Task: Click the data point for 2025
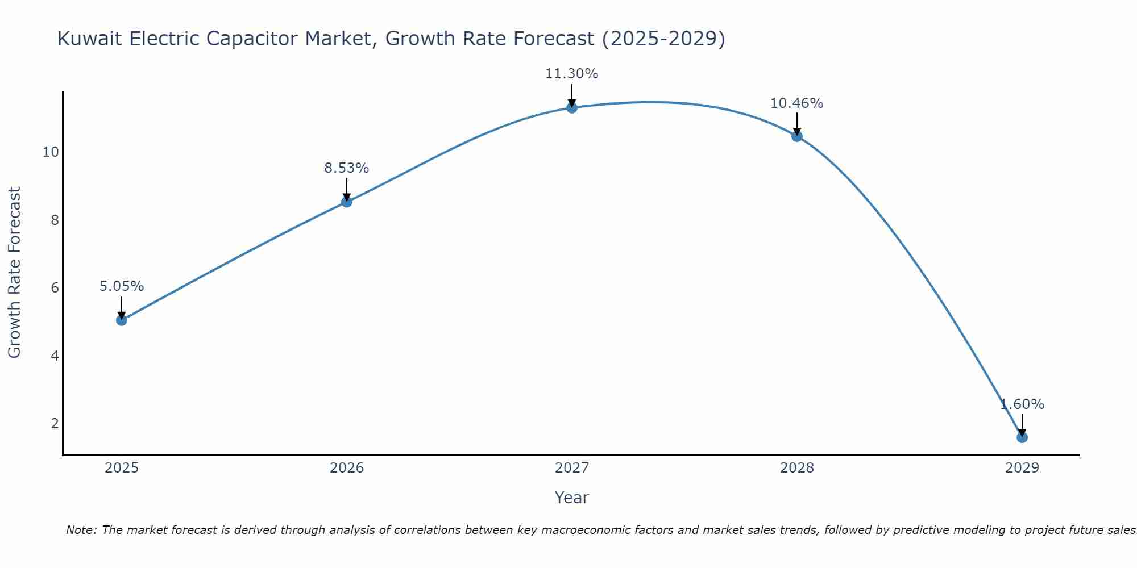click(x=121, y=320)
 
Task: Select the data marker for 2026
click(x=346, y=202)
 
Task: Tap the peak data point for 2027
click(x=572, y=107)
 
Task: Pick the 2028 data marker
click(x=796, y=136)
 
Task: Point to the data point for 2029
click(x=1022, y=437)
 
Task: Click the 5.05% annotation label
click(x=122, y=286)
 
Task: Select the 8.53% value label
click(x=346, y=168)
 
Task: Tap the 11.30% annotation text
click(x=571, y=74)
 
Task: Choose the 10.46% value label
click(x=796, y=103)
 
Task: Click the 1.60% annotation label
click(x=1022, y=404)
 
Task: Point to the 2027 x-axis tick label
click(x=572, y=468)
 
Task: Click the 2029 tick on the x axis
click(x=1022, y=468)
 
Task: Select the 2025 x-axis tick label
click(x=122, y=468)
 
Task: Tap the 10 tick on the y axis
click(x=51, y=152)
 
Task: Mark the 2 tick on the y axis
click(x=55, y=424)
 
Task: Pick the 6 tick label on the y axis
click(x=55, y=288)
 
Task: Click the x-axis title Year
click(x=571, y=498)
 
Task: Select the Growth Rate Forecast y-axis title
click(x=14, y=273)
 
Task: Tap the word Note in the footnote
click(x=81, y=530)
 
